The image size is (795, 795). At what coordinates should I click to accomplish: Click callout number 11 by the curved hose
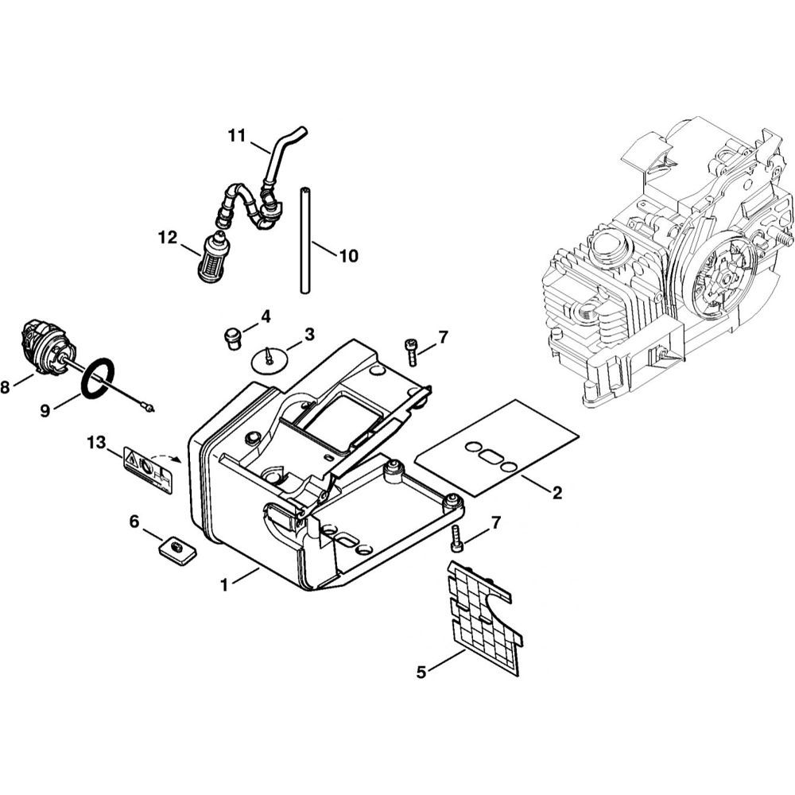236,136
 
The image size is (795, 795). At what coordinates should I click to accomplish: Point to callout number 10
348,256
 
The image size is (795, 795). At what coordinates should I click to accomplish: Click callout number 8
6,388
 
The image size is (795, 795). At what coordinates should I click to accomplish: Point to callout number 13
95,442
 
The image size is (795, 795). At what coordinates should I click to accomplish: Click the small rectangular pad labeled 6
176,550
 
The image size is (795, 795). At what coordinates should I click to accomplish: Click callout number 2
557,493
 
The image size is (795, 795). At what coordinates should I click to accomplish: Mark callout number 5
421,673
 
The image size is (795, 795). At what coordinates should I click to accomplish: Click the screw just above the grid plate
456,538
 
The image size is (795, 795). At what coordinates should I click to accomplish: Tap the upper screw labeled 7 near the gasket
411,351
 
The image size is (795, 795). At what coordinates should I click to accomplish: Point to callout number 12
168,237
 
